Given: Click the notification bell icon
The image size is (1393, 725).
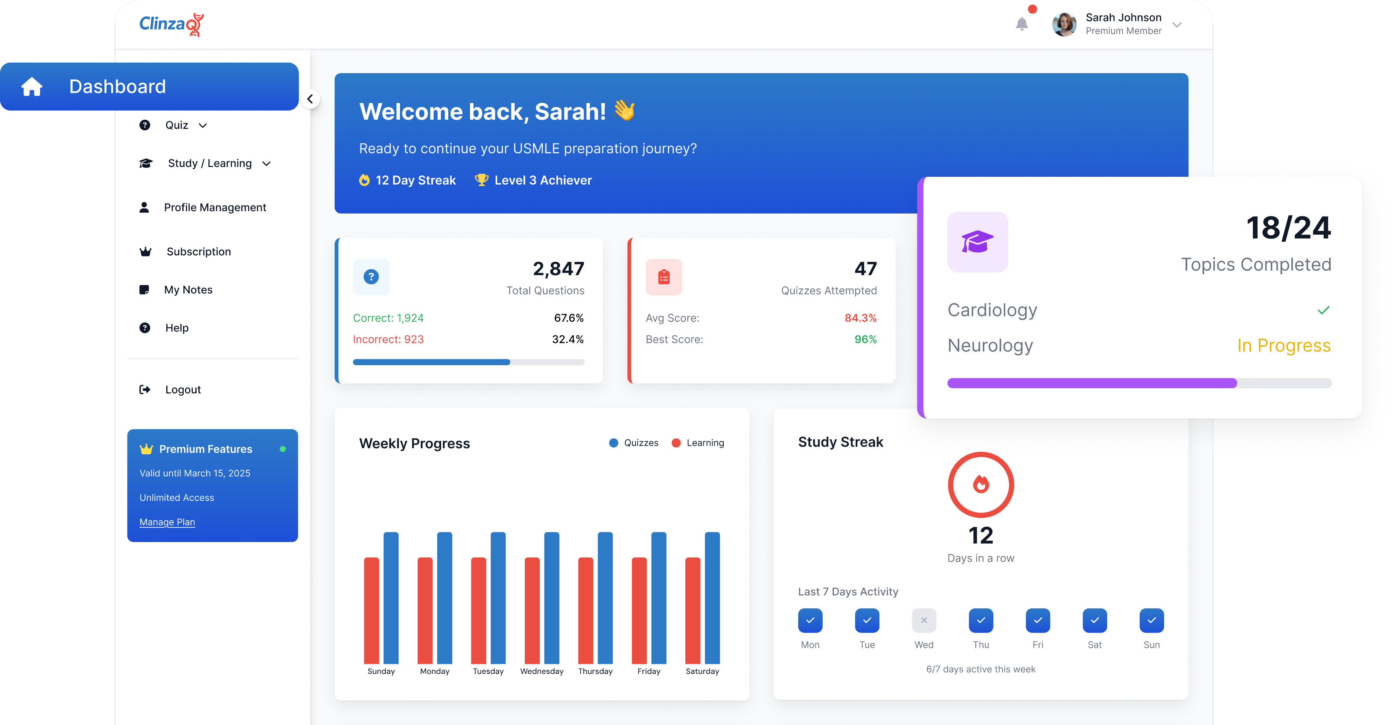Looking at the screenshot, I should pyautogui.click(x=1022, y=24).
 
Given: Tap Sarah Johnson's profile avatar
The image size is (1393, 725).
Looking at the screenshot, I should pyautogui.click(x=1064, y=24).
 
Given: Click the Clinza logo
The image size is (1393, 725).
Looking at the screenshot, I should pyautogui.click(x=171, y=24).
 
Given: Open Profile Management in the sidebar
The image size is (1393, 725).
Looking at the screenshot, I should pyautogui.click(x=215, y=208).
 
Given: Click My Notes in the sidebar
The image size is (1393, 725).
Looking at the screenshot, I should pyautogui.click(x=188, y=290).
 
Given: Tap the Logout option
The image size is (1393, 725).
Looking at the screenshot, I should pyautogui.click(x=183, y=390).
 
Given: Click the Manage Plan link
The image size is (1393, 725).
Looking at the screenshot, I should pyautogui.click(x=167, y=522).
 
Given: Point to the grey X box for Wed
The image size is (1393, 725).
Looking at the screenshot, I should pyautogui.click(x=924, y=621).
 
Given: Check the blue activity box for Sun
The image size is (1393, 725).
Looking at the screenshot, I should pyautogui.click(x=1151, y=621).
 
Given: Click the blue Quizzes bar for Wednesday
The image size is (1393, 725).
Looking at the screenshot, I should pyautogui.click(x=552, y=597).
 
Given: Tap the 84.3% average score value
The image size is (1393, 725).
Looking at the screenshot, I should pyautogui.click(x=860, y=318).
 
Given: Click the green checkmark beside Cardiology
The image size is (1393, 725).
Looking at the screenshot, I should pyautogui.click(x=1323, y=310).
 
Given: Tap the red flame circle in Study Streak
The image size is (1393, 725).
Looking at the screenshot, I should pyautogui.click(x=981, y=485).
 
